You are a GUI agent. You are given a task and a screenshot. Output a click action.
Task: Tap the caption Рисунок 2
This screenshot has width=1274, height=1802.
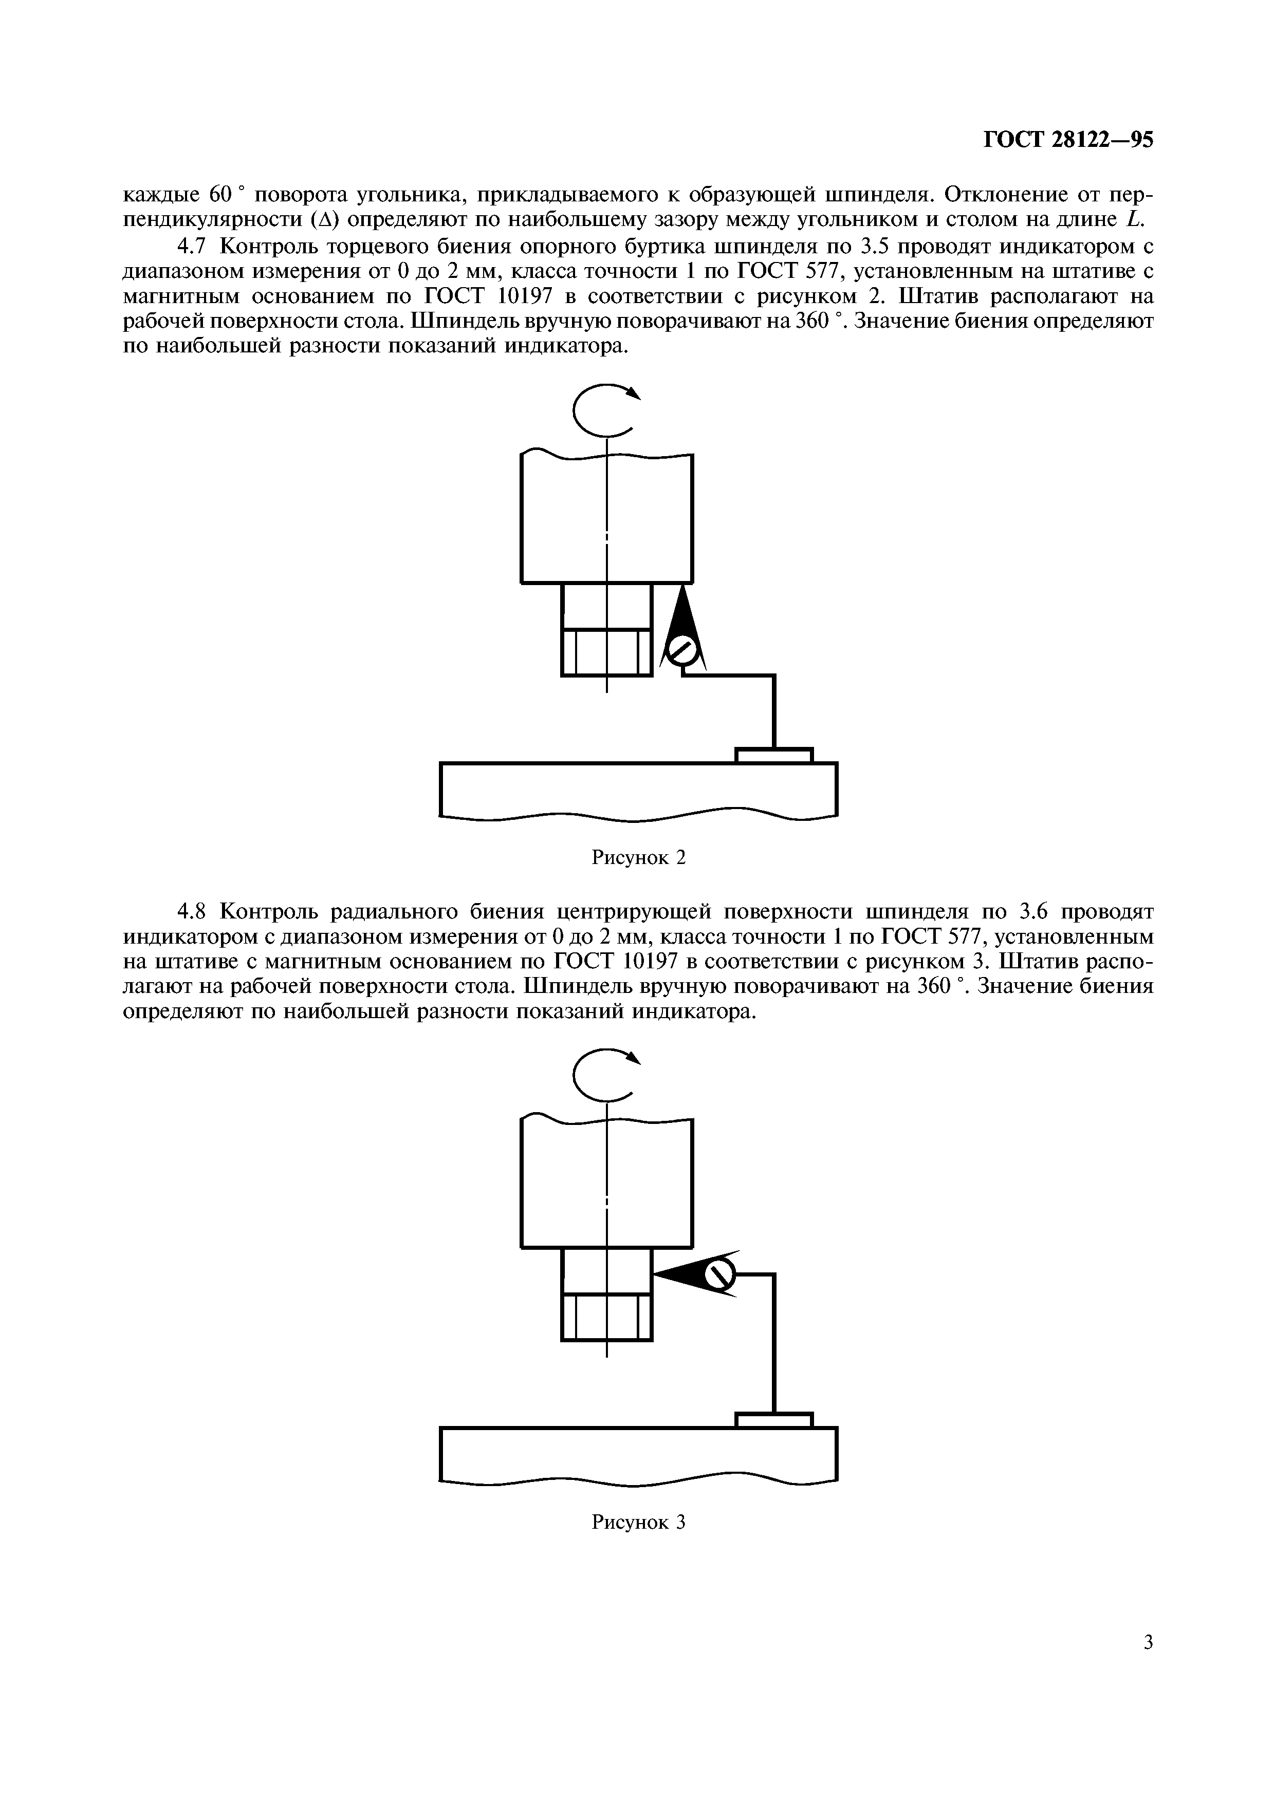pos(638,858)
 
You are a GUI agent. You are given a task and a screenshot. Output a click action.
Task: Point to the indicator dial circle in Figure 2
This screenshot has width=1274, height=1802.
pos(681,651)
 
